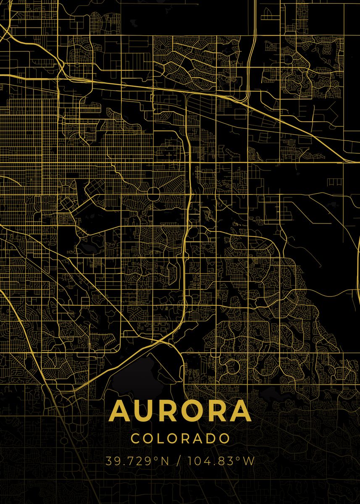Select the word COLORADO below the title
180,438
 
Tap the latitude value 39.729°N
137,461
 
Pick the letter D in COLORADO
212,438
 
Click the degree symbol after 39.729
156,458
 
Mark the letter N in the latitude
164,461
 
